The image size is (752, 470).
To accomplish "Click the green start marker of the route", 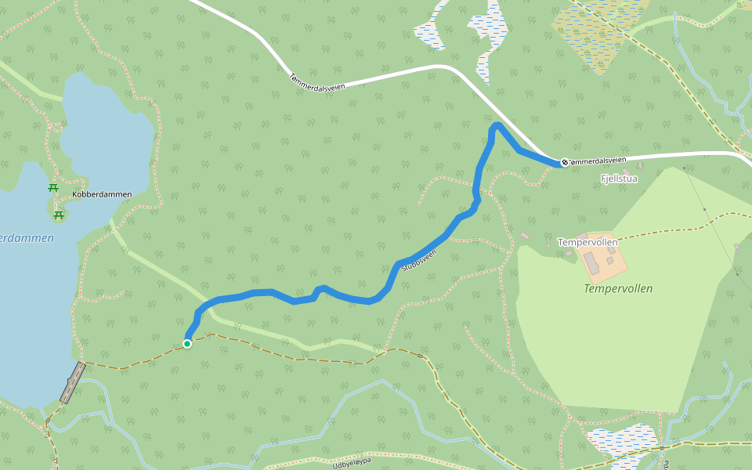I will point(188,343).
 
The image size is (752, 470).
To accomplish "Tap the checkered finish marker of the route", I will point(564,163).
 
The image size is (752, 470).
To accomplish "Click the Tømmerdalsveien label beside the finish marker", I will point(598,161).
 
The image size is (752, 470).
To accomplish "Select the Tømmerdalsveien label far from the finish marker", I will point(317,81).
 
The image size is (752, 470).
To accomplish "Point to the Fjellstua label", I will point(619,179).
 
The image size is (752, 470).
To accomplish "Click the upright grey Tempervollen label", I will point(587,242).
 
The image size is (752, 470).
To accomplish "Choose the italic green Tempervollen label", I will point(618,288).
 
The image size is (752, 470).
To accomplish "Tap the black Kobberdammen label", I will point(102,194).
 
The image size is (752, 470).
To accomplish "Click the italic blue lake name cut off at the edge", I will point(27,238).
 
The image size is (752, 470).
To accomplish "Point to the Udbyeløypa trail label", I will point(351,464).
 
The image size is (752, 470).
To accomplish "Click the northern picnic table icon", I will point(53,188).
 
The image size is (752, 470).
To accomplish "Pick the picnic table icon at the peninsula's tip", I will point(58,215).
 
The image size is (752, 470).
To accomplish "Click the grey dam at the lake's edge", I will point(72,383).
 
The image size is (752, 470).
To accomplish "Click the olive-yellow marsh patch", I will point(599,35).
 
